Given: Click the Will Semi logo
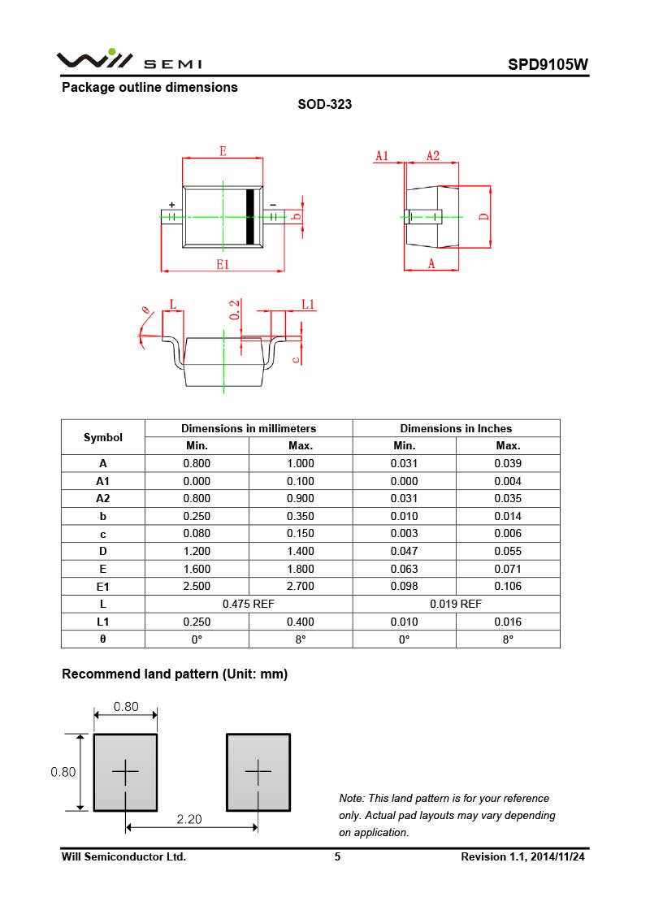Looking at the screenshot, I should pyautogui.click(x=128, y=59).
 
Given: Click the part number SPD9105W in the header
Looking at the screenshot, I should pyautogui.click(x=548, y=65).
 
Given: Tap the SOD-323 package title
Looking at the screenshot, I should pyautogui.click(x=324, y=104).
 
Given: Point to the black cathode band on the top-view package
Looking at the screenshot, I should pyautogui.click(x=251, y=216).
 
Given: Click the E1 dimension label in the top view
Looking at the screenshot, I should pyautogui.click(x=223, y=263).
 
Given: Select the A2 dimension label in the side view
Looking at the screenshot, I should pyautogui.click(x=433, y=156).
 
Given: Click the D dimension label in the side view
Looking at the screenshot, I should pyautogui.click(x=483, y=216).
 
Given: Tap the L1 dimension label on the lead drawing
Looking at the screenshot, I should pyautogui.click(x=308, y=304).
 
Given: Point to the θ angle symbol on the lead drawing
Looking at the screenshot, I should pyautogui.click(x=146, y=310).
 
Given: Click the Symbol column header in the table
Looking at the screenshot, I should pyautogui.click(x=103, y=437).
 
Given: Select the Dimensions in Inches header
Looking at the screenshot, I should pyautogui.click(x=456, y=428).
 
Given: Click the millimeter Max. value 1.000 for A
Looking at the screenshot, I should pyautogui.click(x=301, y=463).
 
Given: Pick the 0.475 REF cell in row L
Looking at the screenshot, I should pyautogui.click(x=249, y=604).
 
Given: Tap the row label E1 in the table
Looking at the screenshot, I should pyautogui.click(x=103, y=586).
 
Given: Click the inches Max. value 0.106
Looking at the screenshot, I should pyautogui.click(x=508, y=586).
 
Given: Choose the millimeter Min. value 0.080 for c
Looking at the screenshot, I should pyautogui.click(x=197, y=533).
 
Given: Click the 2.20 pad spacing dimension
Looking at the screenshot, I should pyautogui.click(x=189, y=819).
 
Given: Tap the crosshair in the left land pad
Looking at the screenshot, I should pyautogui.click(x=125, y=771).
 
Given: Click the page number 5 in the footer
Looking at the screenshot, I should pyautogui.click(x=337, y=856).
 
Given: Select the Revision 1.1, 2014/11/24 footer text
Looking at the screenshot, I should pyautogui.click(x=522, y=856).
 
